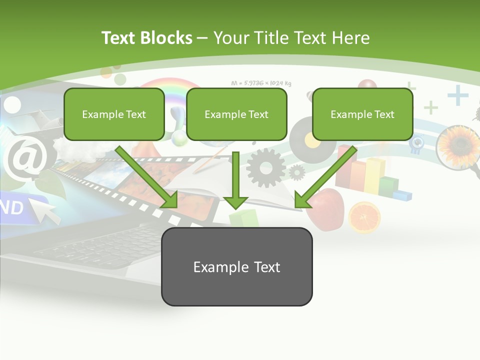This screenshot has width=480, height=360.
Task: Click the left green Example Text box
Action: (x=114, y=114)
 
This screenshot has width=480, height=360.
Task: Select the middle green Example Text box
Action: (x=236, y=114)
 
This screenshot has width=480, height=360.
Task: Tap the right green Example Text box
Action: (x=362, y=114)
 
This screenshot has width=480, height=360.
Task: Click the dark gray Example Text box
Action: (x=236, y=266)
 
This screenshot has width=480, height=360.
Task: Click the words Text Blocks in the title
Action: (x=147, y=38)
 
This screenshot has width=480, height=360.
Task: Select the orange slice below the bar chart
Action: (x=364, y=217)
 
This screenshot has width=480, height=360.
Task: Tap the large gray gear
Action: (x=265, y=167)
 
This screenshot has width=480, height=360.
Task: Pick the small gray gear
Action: (x=297, y=172)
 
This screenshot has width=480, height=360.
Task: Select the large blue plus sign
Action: (x=457, y=95)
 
